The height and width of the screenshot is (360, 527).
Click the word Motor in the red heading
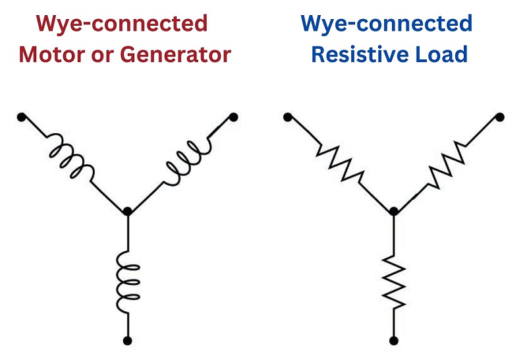point(52,54)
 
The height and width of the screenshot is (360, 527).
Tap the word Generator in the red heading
point(175,54)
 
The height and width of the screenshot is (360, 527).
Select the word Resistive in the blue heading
point(360,54)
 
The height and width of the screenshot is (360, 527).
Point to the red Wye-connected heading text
point(122,24)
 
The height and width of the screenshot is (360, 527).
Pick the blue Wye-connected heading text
point(387,24)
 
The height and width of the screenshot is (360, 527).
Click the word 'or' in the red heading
point(103,55)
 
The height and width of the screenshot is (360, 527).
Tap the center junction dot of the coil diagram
point(127,211)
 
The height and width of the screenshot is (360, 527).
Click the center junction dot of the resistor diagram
point(393,211)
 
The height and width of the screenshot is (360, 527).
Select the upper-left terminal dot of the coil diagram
point(21,117)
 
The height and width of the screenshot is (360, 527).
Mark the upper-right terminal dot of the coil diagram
point(234,117)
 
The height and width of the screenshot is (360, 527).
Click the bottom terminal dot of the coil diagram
point(127,341)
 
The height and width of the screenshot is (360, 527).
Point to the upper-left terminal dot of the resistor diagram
point(288,117)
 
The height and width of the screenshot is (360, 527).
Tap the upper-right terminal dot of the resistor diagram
point(500,117)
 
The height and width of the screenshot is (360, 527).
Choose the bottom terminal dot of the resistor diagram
point(393,341)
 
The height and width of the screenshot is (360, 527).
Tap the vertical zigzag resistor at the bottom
point(393,283)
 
